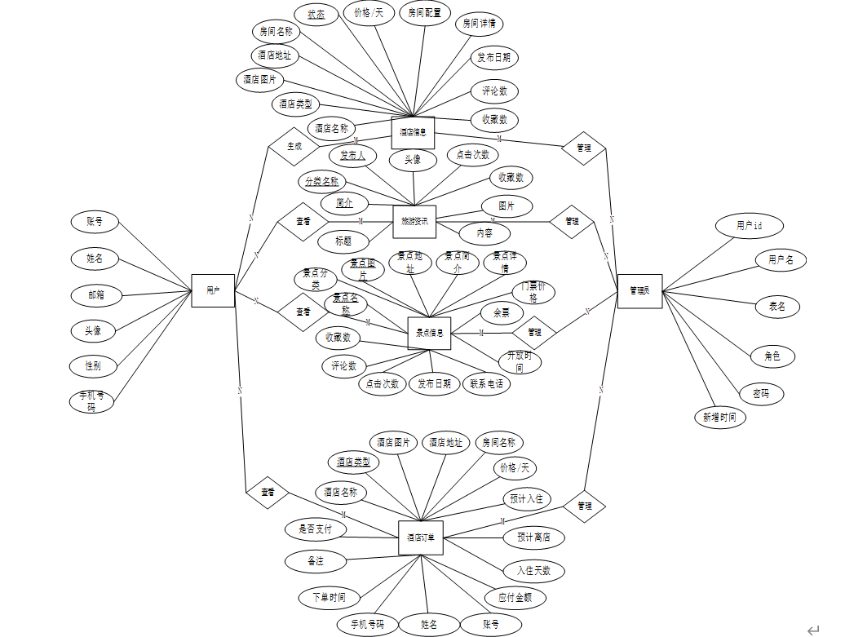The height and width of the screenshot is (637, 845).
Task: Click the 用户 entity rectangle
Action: [213, 290]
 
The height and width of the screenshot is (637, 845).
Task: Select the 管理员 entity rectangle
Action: [639, 290]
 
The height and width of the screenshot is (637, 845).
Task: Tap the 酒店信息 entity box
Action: [413, 132]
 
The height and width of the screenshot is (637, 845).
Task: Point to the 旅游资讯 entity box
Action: [414, 221]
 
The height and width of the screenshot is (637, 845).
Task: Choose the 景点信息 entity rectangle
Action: [429, 333]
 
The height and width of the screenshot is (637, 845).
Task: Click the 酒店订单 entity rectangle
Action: [421, 537]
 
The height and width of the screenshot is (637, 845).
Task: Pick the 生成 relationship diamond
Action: [294, 147]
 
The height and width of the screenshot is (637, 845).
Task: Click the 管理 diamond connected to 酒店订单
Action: [584, 506]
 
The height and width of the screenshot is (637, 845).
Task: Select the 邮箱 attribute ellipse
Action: [96, 295]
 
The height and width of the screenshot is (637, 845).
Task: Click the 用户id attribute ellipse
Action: [749, 225]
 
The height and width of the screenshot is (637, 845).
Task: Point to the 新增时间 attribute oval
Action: [720, 417]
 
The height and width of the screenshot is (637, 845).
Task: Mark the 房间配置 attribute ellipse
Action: [426, 13]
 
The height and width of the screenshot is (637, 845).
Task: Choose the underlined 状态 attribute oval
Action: [316, 15]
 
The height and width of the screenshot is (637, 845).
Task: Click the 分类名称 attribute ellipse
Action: [322, 181]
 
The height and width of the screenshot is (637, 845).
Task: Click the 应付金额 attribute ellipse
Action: [515, 597]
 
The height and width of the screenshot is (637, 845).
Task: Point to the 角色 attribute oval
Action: [772, 356]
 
